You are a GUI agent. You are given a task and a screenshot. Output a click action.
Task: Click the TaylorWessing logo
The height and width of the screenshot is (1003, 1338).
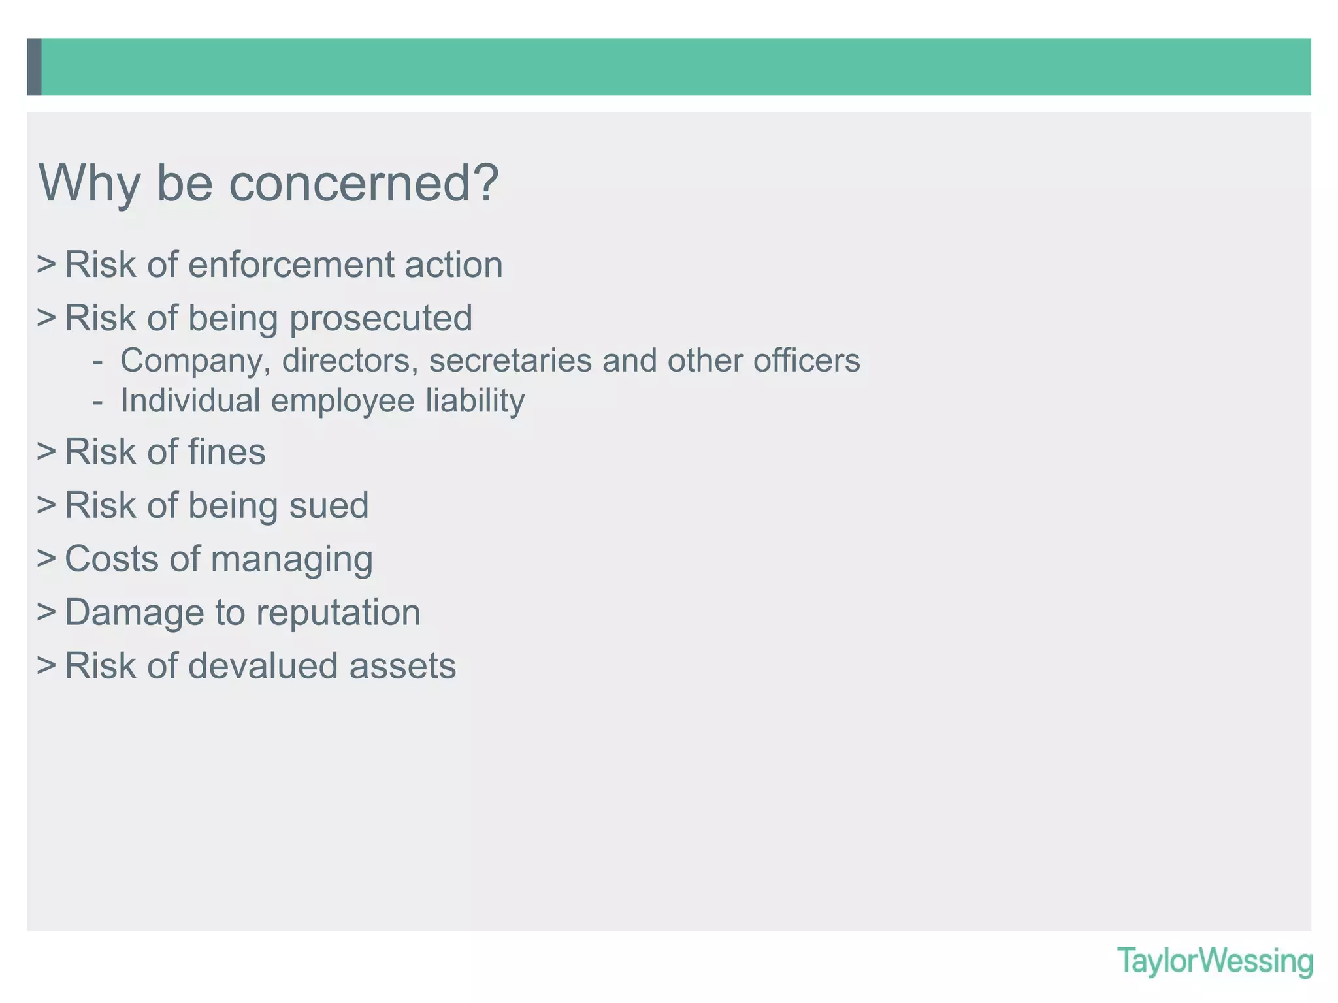point(1215,962)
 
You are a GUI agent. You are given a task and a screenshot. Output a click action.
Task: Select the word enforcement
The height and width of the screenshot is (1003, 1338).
point(291,265)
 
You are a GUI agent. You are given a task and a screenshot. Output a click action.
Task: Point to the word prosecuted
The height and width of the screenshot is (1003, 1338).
point(381,319)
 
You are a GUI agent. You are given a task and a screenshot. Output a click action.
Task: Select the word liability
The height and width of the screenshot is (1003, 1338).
point(475,401)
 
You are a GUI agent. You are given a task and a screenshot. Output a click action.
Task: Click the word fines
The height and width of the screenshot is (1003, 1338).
point(227,452)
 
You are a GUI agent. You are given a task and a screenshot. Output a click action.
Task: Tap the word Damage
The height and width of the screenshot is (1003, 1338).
point(134,613)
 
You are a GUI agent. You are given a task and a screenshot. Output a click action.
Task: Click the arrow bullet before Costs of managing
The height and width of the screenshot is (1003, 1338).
point(46,559)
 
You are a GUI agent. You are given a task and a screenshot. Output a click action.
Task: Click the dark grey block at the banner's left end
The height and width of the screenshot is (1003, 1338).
point(34,67)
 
